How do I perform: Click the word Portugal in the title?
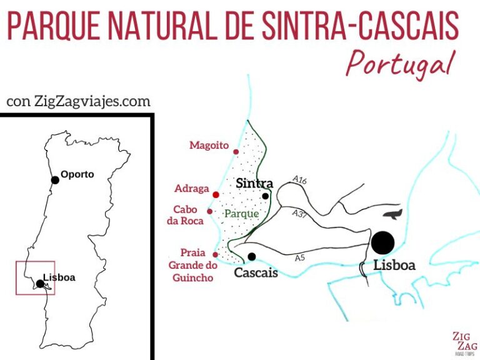401,62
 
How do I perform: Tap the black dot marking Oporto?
55,180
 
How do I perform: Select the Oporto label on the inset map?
77,174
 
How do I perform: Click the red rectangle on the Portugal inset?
35,277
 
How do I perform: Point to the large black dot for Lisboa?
382,242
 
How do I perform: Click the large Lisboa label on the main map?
394,265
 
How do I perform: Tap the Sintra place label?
254,183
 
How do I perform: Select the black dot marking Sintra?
266,196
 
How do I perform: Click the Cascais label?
256,272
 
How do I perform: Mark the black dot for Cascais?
251,256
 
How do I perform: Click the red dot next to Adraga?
216,194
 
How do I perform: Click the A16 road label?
300,180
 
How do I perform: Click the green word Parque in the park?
241,214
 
